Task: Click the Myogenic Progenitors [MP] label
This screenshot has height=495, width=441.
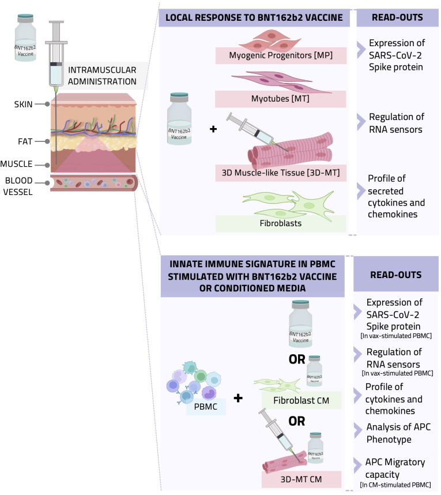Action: pos(281,55)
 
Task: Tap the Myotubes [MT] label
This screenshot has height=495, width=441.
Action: pos(280,99)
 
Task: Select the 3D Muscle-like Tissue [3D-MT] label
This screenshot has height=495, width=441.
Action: pos(281,172)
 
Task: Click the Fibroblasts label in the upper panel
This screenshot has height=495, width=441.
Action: pos(281,223)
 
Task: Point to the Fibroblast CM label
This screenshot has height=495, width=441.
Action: pos(301,400)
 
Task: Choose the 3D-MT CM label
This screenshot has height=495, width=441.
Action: pos(301,479)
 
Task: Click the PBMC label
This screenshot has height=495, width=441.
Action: pos(206,407)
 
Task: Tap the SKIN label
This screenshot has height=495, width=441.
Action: pos(23,104)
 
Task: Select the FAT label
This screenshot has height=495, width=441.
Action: pos(25,141)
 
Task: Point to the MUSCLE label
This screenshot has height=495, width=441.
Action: pos(16,164)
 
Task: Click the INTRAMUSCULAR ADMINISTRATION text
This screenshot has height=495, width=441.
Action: pos(102,76)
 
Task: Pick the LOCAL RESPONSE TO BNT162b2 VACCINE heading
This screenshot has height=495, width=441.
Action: pos(254,18)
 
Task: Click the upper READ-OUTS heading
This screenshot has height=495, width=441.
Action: pos(397,17)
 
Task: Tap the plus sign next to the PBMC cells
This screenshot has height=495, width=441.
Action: pos(238,398)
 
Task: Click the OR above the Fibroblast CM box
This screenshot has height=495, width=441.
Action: pos(297,359)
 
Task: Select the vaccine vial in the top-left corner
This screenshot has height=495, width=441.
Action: pos(25,37)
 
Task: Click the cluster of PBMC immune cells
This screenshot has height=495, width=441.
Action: pos(194,382)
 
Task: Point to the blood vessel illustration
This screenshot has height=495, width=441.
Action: pos(94,183)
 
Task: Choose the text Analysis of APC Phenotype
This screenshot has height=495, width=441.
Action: pos(398,433)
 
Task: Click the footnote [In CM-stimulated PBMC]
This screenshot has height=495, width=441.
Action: pos(395,485)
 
